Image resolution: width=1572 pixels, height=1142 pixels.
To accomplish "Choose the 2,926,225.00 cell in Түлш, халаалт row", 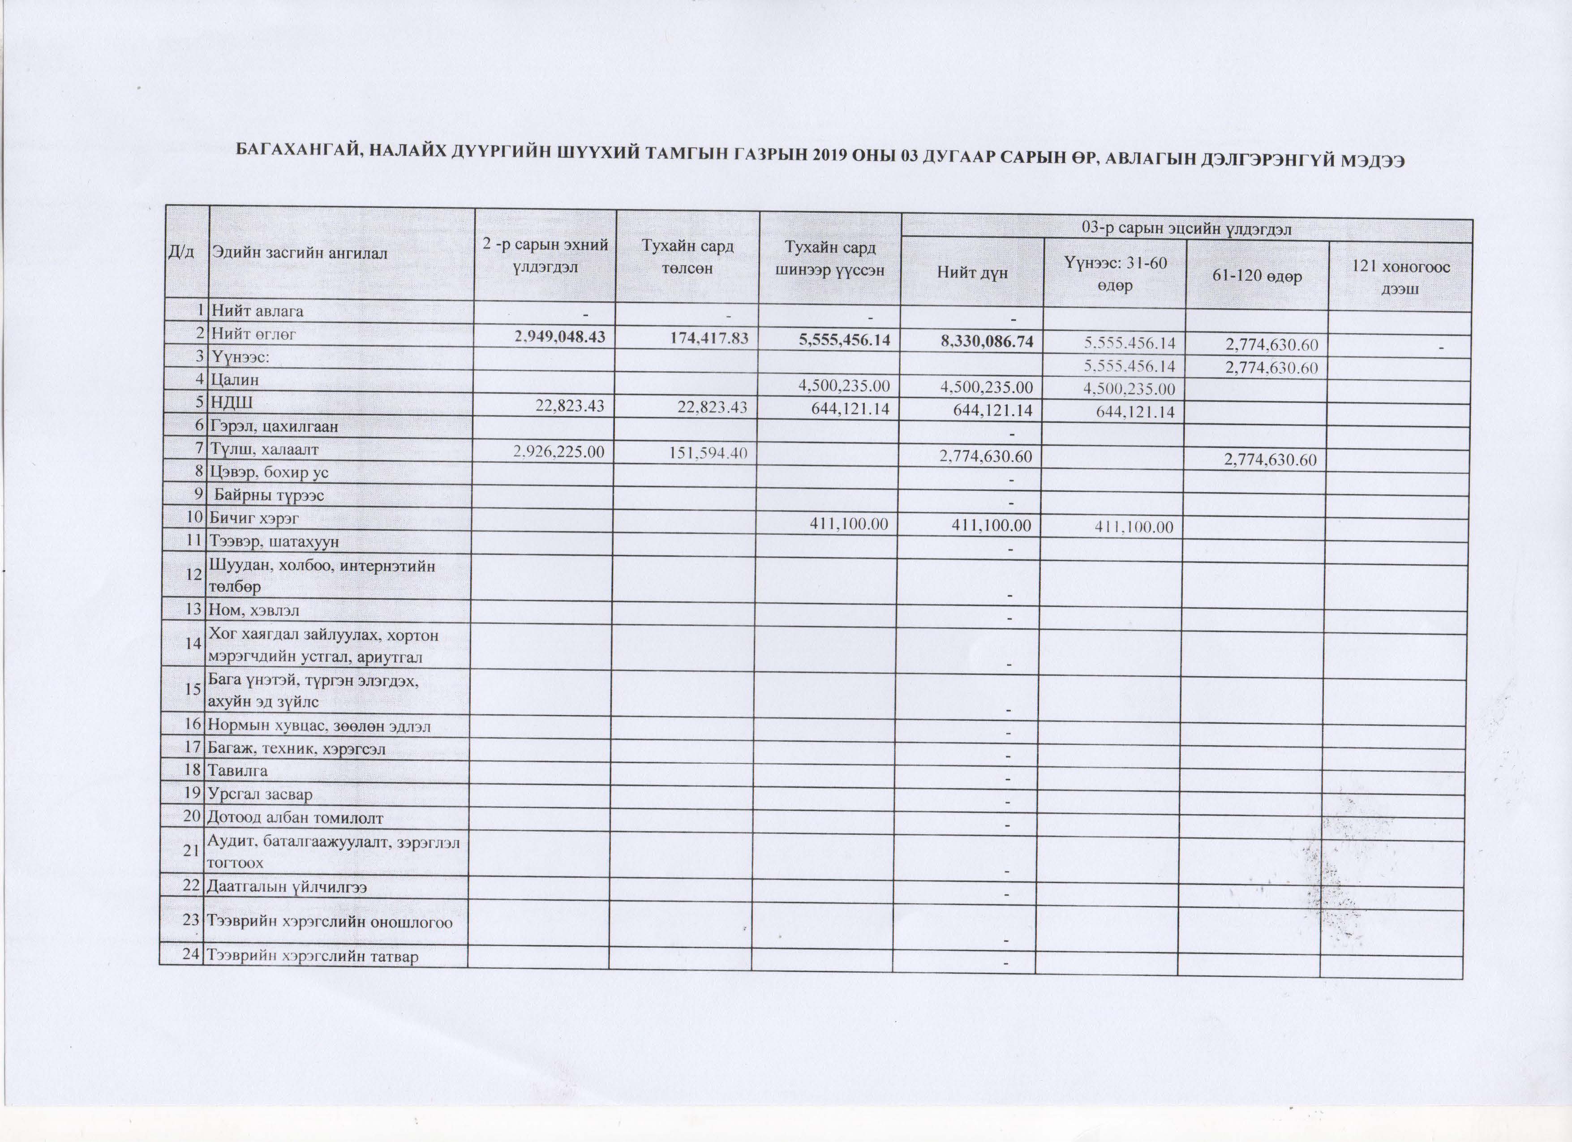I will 558,452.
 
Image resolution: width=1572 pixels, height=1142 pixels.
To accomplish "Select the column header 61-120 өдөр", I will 1257,276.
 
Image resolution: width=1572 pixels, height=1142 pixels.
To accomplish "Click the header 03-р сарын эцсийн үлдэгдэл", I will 1187,229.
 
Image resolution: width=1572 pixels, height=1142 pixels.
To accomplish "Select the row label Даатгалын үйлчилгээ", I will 287,887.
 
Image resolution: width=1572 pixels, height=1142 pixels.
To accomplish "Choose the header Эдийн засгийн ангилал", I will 300,252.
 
